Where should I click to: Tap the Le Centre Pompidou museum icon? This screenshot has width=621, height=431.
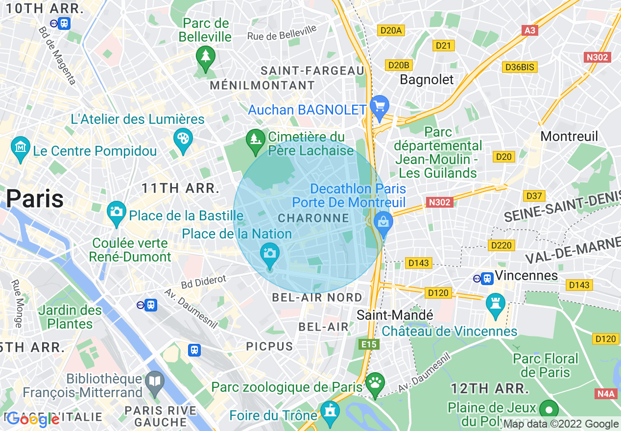[x=21, y=147]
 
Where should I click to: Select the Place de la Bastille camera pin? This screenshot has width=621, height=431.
[x=116, y=212]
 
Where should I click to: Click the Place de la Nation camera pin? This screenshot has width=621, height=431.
[x=269, y=254]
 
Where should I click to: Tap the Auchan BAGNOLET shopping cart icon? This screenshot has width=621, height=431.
[x=379, y=106]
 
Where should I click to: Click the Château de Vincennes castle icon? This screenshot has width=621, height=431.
[x=495, y=304]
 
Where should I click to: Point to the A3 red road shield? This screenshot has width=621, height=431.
[x=530, y=30]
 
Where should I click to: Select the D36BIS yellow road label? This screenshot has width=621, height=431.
[x=520, y=67]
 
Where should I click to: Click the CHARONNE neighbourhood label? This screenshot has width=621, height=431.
[x=313, y=218]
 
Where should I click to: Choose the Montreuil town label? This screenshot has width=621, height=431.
[x=569, y=136]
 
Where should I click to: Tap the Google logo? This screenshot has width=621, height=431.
[x=33, y=419]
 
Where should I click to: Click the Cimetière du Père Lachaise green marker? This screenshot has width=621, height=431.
[x=255, y=139]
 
